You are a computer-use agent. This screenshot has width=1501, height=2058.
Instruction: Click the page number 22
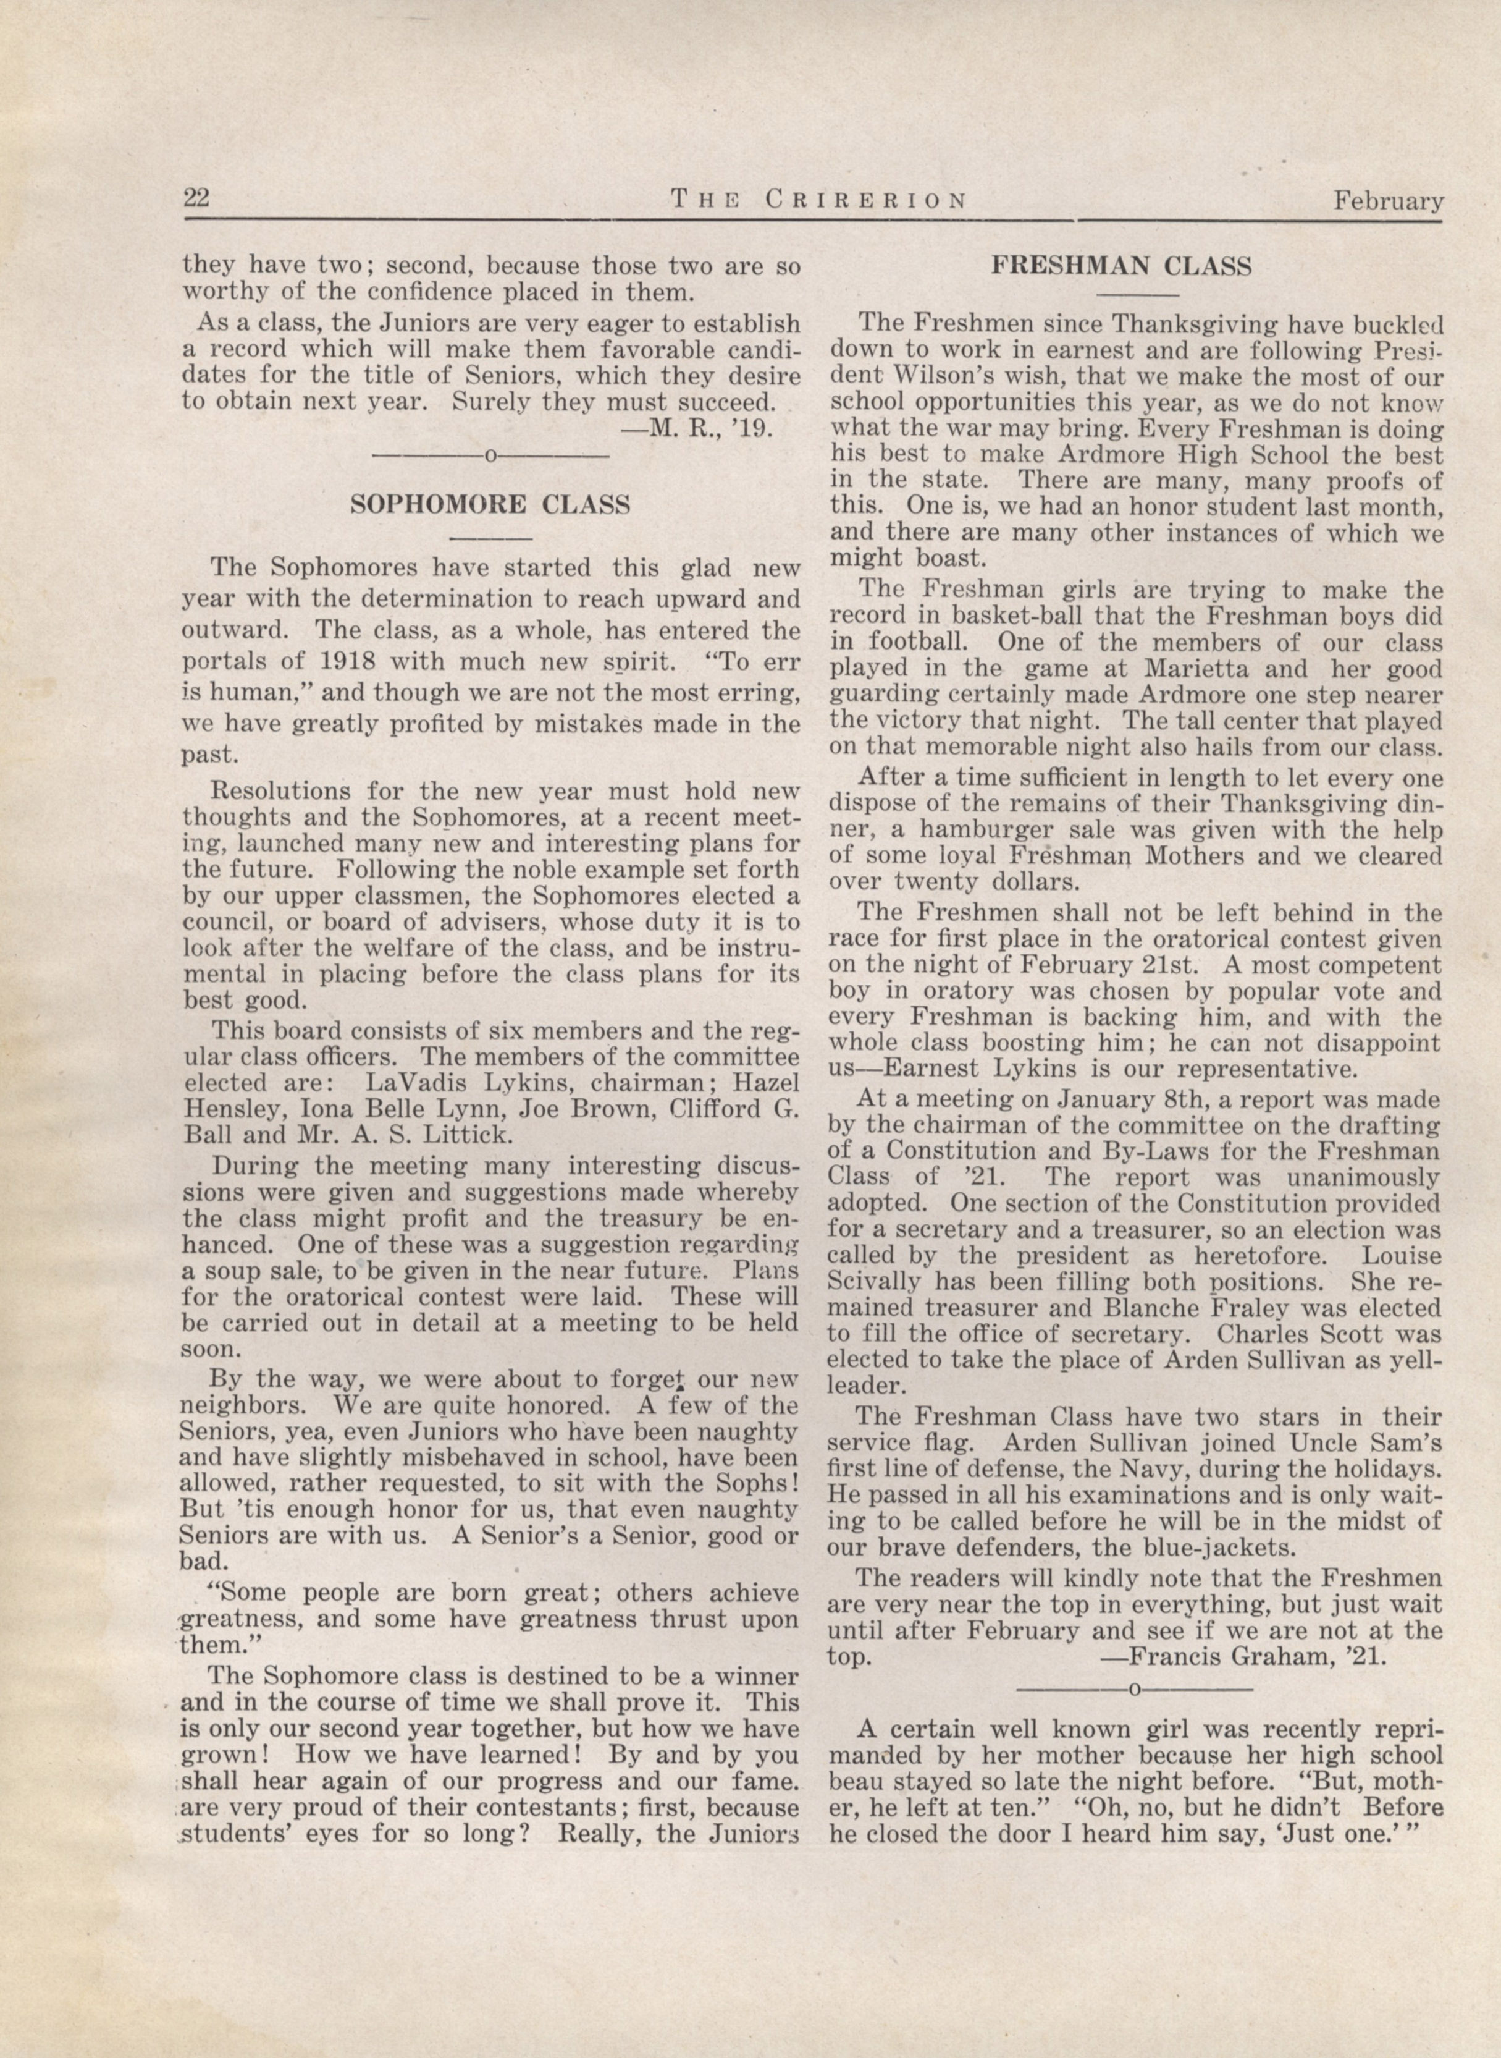coord(197,197)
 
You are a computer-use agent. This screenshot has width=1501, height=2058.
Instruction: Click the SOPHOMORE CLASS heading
coord(490,506)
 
